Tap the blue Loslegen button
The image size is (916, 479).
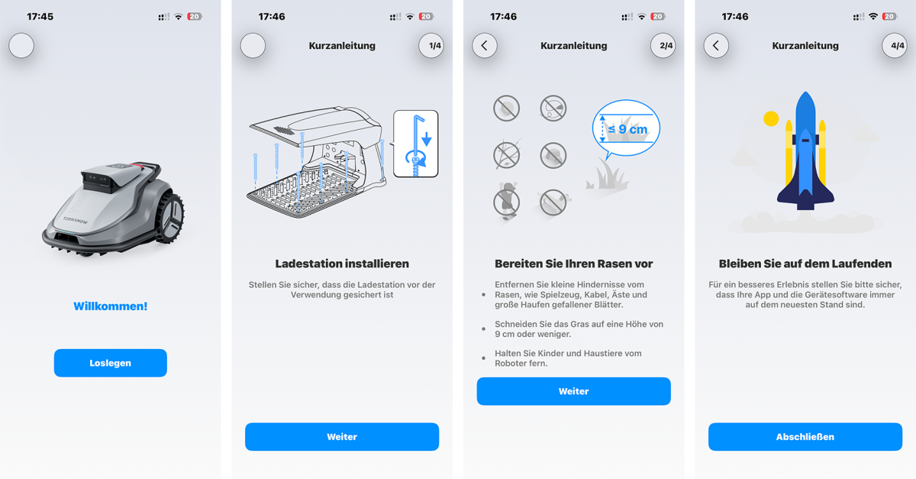[110, 363]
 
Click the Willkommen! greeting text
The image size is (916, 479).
[110, 306]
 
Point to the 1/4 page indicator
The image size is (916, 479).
[434, 46]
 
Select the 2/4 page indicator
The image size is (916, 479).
[666, 46]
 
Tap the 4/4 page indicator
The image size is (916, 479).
[897, 46]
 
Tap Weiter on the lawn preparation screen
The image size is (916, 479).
[573, 391]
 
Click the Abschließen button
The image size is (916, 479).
[805, 437]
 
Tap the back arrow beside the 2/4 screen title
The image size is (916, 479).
[485, 46]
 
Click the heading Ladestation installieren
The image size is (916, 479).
[342, 264]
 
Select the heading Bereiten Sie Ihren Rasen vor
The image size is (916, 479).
[573, 264]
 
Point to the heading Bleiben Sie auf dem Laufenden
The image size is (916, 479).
[805, 264]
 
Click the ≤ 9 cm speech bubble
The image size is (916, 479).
[626, 129]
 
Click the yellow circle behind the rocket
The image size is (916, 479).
[771, 118]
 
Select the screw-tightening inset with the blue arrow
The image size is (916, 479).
[416, 144]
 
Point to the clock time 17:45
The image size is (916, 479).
[40, 16]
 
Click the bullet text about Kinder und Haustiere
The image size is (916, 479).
[568, 358]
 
